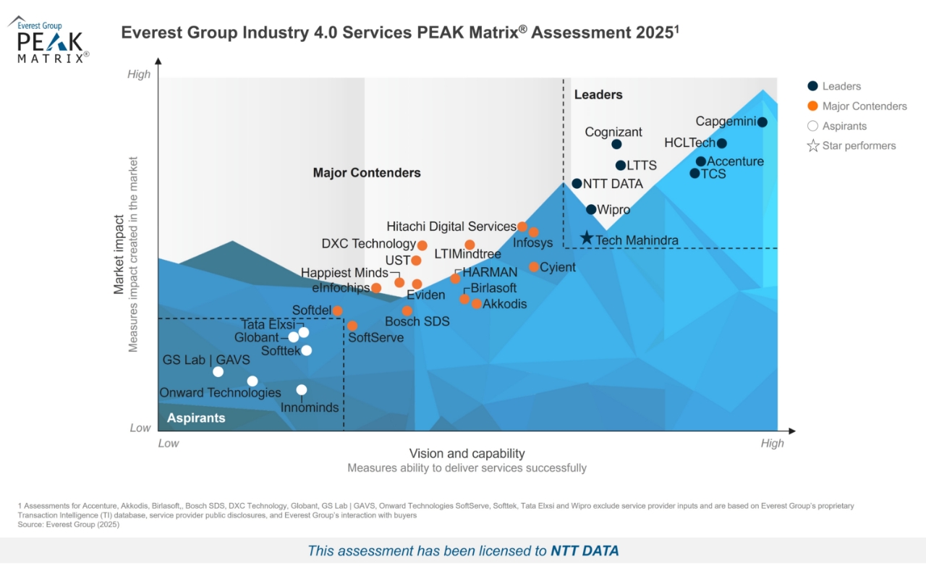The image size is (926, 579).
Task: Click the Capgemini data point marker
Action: pos(762,122)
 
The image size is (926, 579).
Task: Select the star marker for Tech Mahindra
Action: pos(587,238)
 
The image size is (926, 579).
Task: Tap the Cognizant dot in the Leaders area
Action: pos(616,144)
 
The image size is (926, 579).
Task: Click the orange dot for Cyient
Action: pos(534,267)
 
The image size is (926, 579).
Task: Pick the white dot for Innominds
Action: pos(302,390)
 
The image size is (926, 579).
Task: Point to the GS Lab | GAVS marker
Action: pos(218,372)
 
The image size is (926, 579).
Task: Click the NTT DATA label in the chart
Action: pos(613,184)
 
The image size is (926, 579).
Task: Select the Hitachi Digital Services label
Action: pos(451,227)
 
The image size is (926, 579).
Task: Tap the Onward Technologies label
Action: pos(220,393)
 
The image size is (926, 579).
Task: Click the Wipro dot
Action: pos(591,209)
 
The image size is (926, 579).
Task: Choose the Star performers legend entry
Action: pos(859,145)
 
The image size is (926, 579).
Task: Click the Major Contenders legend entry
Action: pos(864,106)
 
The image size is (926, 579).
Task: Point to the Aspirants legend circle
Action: pos(813,126)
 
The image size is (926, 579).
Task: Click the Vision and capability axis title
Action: pos(467,454)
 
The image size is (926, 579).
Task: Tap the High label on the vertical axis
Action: pos(139,74)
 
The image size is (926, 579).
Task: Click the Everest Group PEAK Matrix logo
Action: pos(49,41)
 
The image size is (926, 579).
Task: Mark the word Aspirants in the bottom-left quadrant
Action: pos(196,418)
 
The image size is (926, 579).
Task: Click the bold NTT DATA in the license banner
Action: pos(585,551)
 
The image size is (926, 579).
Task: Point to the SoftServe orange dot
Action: pos(352,326)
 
